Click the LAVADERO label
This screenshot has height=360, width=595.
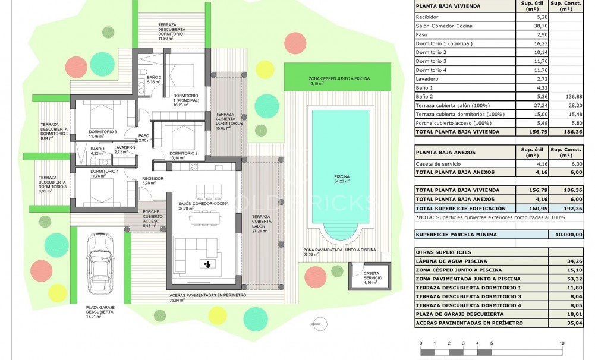coord(125,148)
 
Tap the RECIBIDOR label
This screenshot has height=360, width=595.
coord(152,179)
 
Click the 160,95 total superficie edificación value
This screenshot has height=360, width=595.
coord(528,209)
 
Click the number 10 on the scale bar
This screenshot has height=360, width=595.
coord(561,344)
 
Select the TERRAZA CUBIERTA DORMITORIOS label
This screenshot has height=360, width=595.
coord(229,118)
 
